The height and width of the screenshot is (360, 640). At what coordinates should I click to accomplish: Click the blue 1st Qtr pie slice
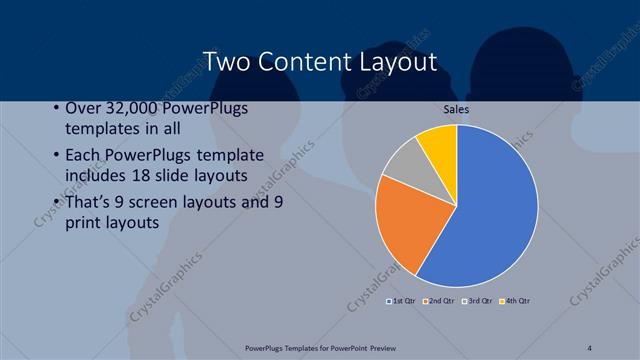tap(490, 205)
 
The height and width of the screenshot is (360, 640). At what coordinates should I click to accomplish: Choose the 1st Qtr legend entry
tap(401, 300)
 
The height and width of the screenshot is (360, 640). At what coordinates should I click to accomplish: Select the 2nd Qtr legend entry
tap(439, 300)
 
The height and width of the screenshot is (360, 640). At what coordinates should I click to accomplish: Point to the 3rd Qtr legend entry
tap(477, 300)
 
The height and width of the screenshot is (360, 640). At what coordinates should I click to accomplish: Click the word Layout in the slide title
tap(396, 62)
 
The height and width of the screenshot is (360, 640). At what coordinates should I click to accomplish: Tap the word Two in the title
tap(227, 62)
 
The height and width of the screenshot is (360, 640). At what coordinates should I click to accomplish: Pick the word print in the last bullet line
tap(82, 223)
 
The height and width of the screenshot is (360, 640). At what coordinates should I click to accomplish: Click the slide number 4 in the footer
tap(590, 347)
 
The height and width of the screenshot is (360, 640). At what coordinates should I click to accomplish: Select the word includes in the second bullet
tap(99, 176)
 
